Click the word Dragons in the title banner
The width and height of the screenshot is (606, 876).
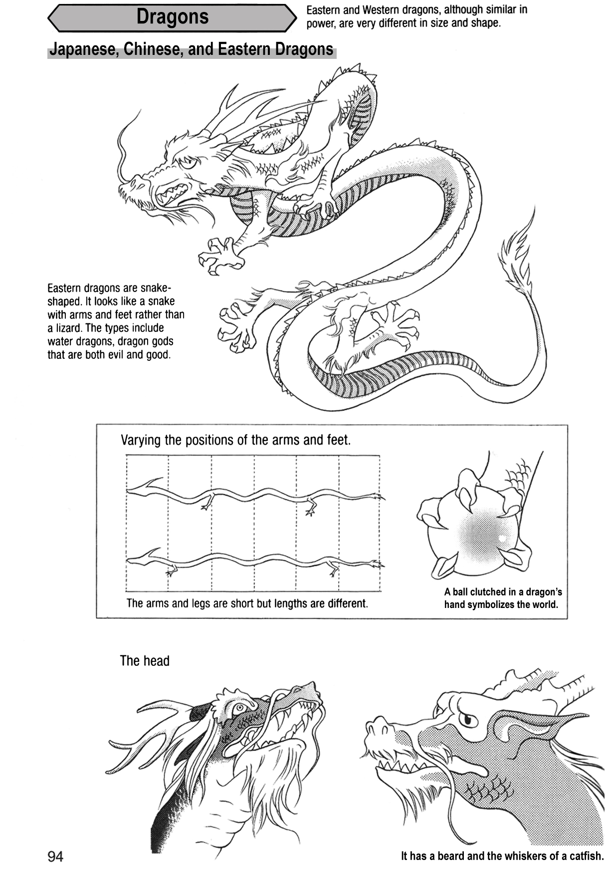[x=173, y=17]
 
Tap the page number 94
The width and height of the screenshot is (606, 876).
[x=55, y=856]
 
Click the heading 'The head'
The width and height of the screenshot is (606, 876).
[x=145, y=661]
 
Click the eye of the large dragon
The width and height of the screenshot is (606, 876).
[x=189, y=163]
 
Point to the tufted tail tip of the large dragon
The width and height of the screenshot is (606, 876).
[x=516, y=260]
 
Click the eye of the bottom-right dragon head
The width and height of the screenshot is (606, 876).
[x=467, y=719]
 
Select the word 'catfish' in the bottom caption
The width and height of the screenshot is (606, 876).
[x=584, y=856]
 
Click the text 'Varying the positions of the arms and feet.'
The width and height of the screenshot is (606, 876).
[x=235, y=440]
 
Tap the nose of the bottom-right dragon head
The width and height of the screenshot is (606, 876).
[x=375, y=725]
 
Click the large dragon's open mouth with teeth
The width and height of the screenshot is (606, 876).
[x=172, y=195]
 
